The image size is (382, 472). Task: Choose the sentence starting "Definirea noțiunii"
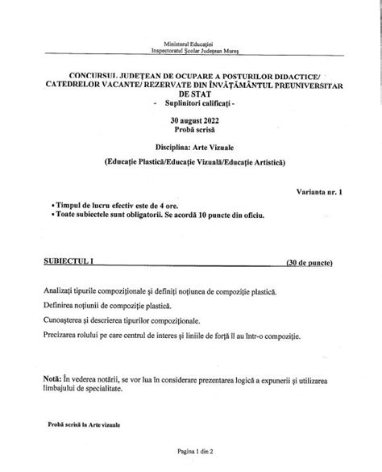pos(112,306)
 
